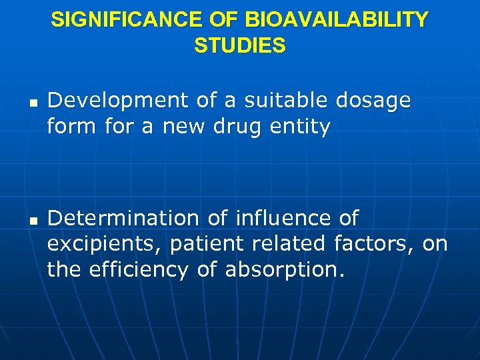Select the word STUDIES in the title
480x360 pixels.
click(x=240, y=45)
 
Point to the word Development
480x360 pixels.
click(x=119, y=101)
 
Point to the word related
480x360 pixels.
click(x=292, y=244)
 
